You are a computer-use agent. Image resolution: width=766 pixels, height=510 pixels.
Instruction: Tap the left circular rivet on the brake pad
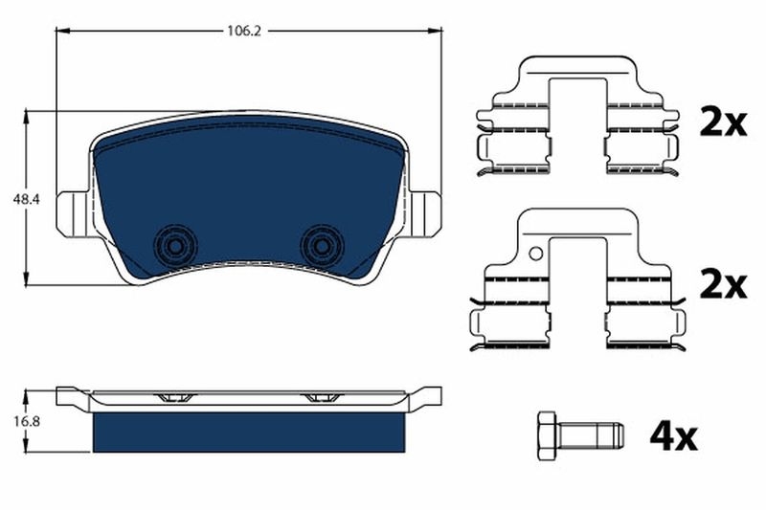pyautogui.click(x=173, y=245)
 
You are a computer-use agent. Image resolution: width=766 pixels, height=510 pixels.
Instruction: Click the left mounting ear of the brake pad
pyautogui.click(x=72, y=211)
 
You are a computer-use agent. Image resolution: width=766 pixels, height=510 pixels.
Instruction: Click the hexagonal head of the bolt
pyautogui.click(x=547, y=437)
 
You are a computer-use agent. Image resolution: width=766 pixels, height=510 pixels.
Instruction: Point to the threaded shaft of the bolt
pyautogui.click(x=594, y=437)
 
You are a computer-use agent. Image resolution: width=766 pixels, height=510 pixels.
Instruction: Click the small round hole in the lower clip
pyautogui.click(x=536, y=255)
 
